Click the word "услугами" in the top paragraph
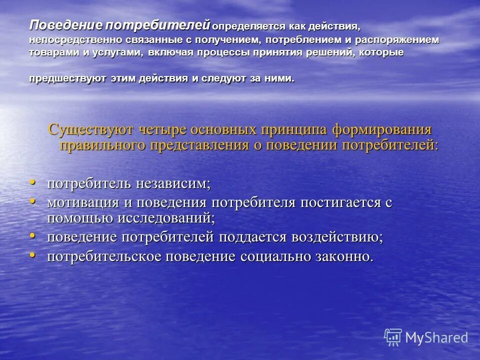(112, 53)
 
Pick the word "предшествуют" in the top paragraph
(61, 79)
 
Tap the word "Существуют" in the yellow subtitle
(90, 129)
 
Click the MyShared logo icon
(393, 337)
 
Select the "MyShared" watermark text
(436, 337)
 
